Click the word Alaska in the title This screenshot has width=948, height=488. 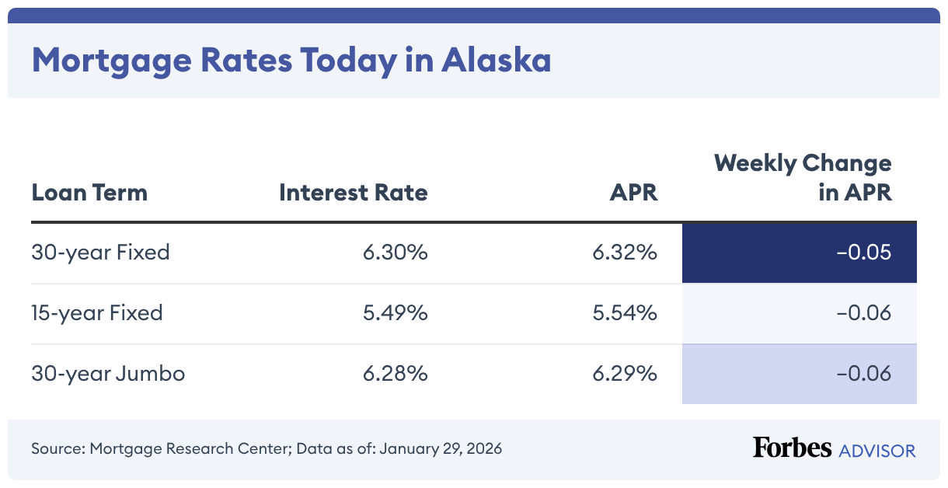496,61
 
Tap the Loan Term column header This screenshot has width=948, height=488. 89,192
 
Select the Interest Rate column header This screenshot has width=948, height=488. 353,192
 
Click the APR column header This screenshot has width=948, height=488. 633,192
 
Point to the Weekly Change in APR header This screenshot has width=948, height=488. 803,178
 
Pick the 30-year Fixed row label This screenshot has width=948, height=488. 100,253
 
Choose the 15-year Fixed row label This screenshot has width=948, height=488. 97,313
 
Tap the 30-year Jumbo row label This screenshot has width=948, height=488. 108,374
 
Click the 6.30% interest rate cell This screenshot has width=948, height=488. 395,253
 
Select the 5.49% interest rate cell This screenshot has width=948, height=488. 395,313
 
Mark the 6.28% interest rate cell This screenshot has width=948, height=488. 395,374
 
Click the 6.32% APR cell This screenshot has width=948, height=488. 625,253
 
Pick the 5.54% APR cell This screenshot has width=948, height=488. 625,313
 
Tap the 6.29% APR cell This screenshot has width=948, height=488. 625,374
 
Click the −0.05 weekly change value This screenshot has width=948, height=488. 863,253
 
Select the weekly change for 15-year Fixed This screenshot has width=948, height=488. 863,313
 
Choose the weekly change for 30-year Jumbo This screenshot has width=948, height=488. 863,374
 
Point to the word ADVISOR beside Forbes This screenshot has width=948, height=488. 877,450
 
